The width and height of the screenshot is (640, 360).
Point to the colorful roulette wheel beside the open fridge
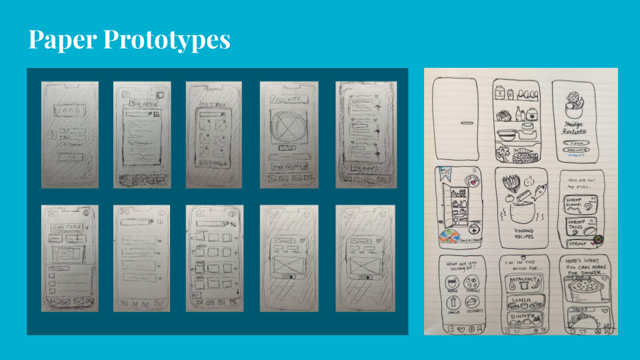(x=447, y=238)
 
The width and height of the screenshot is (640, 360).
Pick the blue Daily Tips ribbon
(x=444, y=175)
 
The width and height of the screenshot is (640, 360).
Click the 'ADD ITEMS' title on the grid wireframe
(x=213, y=106)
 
